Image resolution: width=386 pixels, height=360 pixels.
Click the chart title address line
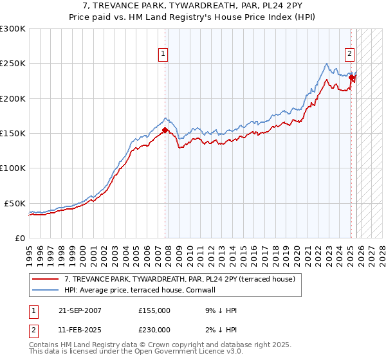[x=193, y=6]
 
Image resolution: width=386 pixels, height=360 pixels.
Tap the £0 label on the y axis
[x=19, y=237]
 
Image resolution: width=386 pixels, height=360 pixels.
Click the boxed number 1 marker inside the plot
[x=164, y=55]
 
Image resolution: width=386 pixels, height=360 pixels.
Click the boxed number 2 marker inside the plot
[x=350, y=55]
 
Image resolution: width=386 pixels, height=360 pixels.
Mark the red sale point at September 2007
[x=165, y=130]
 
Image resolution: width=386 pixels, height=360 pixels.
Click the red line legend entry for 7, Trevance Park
[x=179, y=279]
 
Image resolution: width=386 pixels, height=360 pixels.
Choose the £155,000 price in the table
[x=154, y=310]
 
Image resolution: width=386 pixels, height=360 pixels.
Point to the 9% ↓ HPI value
[x=220, y=310]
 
